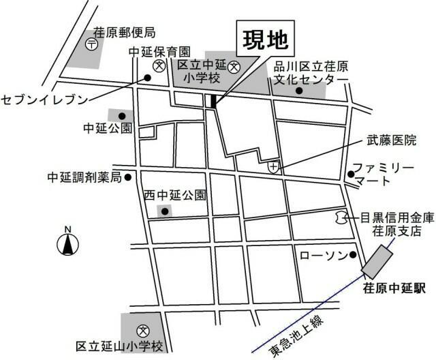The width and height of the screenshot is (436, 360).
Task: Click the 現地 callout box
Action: pos(265,42)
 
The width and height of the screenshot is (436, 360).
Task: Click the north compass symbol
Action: pos(67,243)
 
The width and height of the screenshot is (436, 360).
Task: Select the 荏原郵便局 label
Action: pos(125,32)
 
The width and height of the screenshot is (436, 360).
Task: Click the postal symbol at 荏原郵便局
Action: pos(92,43)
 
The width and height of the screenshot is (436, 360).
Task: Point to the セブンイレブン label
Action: pos(45,100)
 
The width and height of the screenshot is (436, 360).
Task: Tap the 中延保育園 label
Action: pos(160,51)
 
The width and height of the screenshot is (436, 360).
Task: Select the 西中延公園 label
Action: pos(174,196)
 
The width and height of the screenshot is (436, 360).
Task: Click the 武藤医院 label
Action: pos(391,141)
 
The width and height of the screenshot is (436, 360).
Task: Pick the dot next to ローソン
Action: pos(353,256)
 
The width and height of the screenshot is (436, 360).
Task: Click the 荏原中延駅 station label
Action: pos(394,289)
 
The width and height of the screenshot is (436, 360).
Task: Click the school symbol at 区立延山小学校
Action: pos(142,329)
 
